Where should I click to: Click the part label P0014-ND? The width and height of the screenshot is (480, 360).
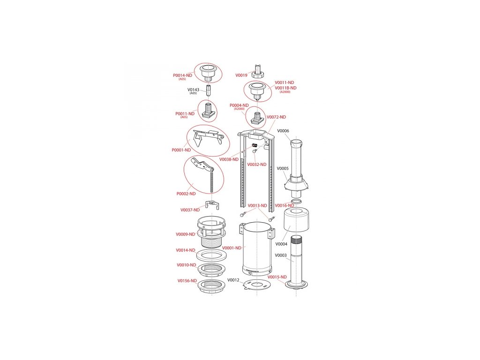click(182, 75)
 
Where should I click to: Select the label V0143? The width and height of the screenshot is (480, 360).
click(193, 90)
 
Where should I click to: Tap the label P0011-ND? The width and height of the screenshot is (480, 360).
click(185, 113)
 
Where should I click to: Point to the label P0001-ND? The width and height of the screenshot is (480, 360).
click(181, 150)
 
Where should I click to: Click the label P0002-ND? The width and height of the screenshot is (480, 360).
click(186, 194)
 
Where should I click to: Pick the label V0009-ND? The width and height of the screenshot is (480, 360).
click(185, 234)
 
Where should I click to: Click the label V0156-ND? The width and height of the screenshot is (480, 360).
click(187, 281)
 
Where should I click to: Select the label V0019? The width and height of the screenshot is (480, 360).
click(241, 75)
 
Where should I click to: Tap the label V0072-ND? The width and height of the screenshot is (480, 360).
click(276, 117)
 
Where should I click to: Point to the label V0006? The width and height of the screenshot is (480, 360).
click(283, 131)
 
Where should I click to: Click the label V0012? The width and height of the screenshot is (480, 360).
click(233, 280)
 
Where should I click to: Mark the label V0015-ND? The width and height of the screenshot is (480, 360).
click(277, 277)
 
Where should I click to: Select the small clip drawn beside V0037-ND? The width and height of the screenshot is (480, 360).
click(213, 204)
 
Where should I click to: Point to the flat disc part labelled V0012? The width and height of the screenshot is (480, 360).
click(256, 285)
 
